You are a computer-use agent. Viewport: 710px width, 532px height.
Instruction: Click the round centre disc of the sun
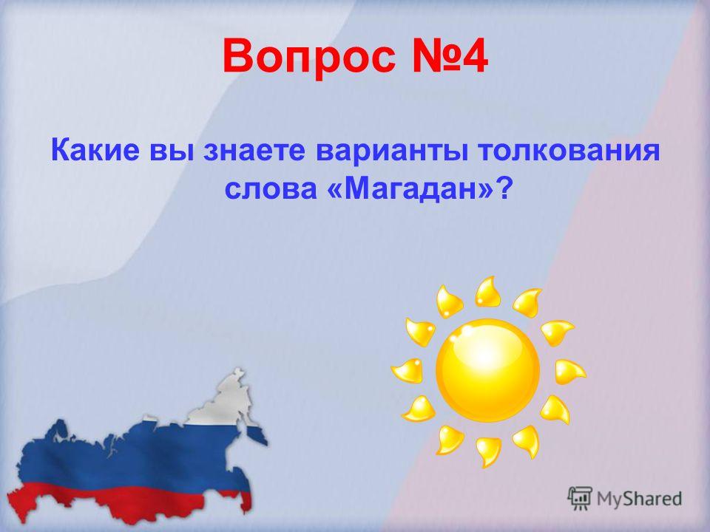487,369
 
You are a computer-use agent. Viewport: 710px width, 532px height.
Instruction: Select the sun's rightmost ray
569,372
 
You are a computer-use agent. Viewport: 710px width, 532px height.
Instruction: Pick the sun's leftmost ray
407,371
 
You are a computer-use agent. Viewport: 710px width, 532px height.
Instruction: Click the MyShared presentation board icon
580,499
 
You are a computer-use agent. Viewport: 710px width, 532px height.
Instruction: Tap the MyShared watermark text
639,499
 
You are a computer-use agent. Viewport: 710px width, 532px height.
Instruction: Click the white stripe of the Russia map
217,403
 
